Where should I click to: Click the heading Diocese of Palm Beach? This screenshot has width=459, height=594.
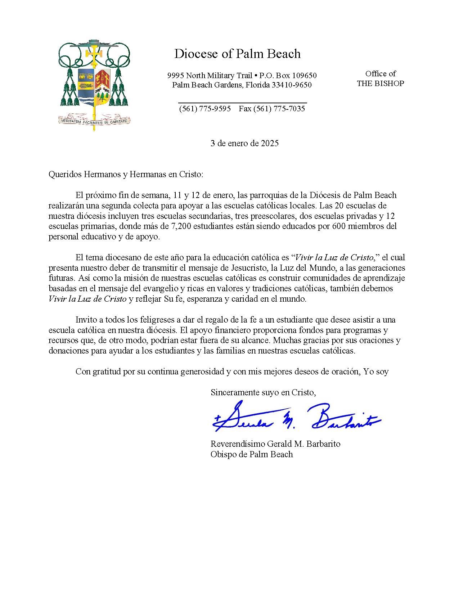(237, 54)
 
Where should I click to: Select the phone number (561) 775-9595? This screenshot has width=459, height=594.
(205, 109)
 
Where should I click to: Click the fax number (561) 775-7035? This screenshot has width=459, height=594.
(272, 109)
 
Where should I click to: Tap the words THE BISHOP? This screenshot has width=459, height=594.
(380, 84)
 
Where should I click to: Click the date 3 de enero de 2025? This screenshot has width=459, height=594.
(244, 143)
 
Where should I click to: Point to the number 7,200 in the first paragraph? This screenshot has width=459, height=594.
(179, 226)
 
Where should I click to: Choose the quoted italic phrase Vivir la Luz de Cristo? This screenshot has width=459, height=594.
(334, 258)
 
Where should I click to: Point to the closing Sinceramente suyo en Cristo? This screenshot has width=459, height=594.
(263, 392)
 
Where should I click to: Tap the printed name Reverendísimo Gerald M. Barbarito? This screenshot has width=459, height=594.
(275, 444)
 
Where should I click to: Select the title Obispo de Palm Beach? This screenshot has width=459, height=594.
(252, 454)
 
